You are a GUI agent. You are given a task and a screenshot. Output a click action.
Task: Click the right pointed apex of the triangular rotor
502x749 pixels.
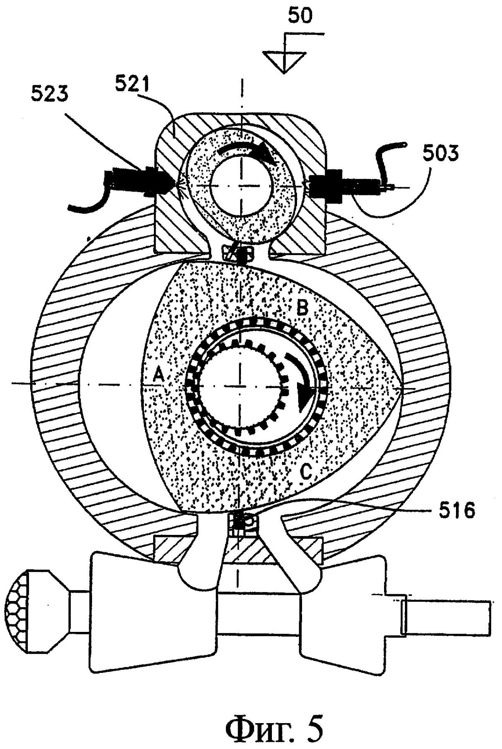(x=401, y=388)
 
